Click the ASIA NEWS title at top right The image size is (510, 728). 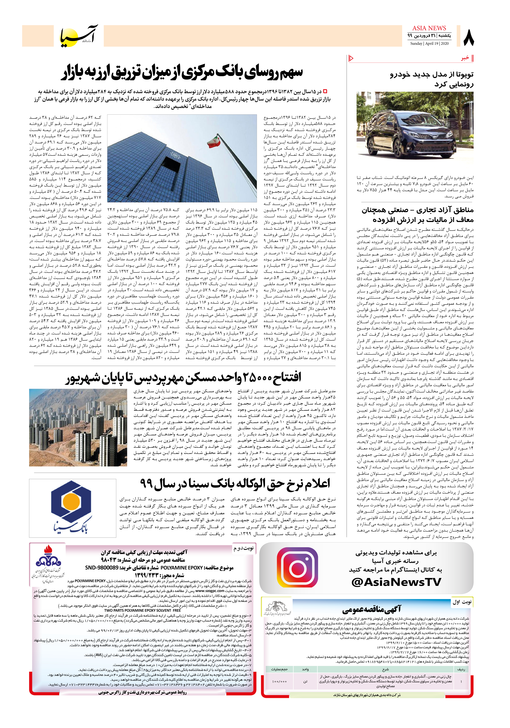(429, 28)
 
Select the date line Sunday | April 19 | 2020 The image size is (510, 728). (429, 43)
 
